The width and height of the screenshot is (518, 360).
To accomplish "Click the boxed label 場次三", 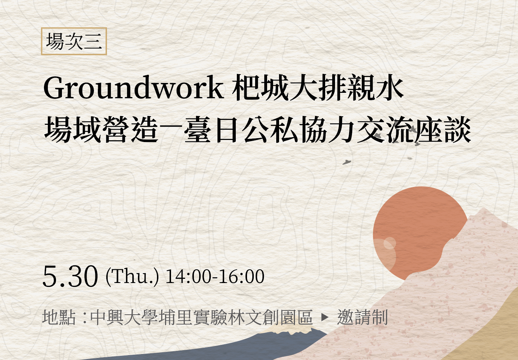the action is coord(74,41).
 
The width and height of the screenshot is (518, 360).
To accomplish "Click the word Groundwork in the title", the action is coord(133,88).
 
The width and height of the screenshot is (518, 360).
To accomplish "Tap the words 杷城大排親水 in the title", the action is coord(318,88).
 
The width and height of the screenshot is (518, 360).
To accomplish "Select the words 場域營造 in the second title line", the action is coord(101,129).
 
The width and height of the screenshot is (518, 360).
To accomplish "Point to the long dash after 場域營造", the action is coord(171,130).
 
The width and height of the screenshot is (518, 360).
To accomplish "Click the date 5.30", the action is coord(70,277).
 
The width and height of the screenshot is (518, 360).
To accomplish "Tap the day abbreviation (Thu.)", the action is coord(132,277).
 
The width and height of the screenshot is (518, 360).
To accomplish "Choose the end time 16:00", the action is coord(241,276).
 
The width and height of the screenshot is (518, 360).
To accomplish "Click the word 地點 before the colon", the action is coord(59,317).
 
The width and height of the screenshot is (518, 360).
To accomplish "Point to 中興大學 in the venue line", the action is coord(124,317).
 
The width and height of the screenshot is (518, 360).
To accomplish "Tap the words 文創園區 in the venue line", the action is coord(278,317).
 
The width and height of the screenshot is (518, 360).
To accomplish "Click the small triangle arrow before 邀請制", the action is coord(325,317).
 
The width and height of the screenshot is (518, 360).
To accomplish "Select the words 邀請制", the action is coord(362,317).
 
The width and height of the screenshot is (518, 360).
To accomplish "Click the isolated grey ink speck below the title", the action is coord(347,162).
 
